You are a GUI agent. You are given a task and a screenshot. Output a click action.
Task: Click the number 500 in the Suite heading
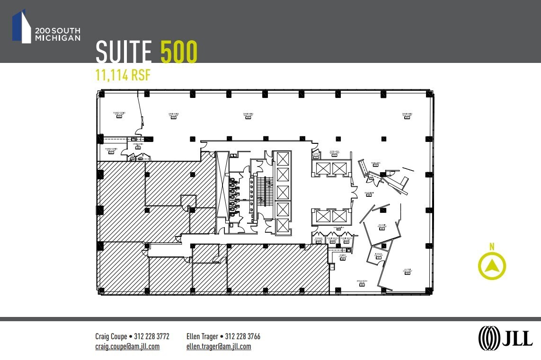tap(179, 52)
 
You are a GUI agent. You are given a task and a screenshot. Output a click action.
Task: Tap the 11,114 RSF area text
tap(123, 75)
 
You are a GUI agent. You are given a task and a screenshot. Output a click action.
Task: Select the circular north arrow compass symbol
tap(492, 266)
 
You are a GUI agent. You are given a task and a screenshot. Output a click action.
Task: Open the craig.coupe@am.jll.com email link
tap(127, 346)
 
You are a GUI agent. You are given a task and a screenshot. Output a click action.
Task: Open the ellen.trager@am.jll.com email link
tap(219, 346)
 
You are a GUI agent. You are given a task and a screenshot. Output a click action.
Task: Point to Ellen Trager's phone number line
tap(223, 336)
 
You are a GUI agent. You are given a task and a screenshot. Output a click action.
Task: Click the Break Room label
tap(363, 282)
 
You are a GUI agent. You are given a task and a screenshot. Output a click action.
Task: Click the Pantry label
tap(343, 256)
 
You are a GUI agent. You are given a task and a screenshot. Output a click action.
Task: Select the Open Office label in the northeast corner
tap(407, 114)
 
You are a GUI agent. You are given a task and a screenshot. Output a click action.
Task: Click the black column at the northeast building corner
tap(429, 94)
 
